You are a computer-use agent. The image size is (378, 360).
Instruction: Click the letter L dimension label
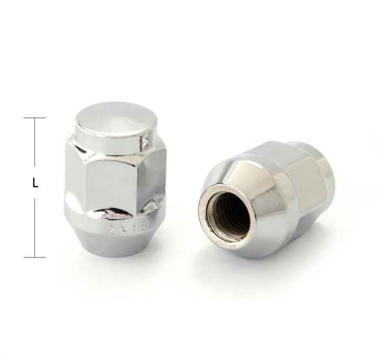click(x=35, y=184)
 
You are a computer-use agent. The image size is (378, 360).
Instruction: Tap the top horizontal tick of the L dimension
click(x=35, y=118)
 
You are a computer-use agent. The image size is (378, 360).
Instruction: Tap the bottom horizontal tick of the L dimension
click(x=35, y=257)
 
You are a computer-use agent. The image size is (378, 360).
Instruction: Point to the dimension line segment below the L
click(x=35, y=227)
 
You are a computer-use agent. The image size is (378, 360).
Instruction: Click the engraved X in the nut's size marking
click(x=127, y=229)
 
